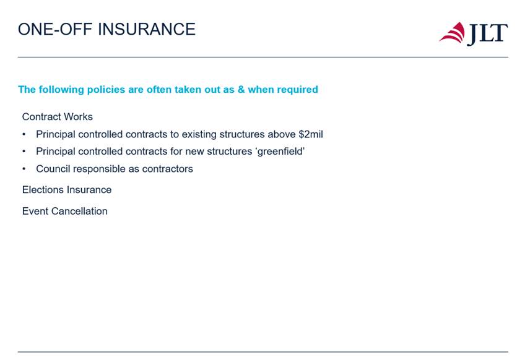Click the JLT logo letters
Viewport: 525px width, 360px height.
[x=487, y=34]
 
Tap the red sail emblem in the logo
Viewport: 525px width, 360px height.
[x=453, y=33]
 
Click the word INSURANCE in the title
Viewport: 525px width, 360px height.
[x=147, y=30]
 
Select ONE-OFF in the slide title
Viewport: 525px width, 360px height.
[x=55, y=30]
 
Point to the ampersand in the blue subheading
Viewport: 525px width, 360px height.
[x=241, y=90]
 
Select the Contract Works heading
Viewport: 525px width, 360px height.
[x=57, y=117]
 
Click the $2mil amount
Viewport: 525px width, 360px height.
[x=311, y=134]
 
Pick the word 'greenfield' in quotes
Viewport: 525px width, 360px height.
[x=280, y=152]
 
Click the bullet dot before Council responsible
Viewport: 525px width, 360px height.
[x=24, y=169]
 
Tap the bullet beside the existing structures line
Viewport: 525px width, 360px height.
[x=24, y=134]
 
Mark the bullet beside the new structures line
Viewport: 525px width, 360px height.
[x=24, y=152]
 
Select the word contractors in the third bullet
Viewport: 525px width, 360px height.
[x=167, y=169]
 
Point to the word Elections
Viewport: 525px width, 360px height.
[x=42, y=190]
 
